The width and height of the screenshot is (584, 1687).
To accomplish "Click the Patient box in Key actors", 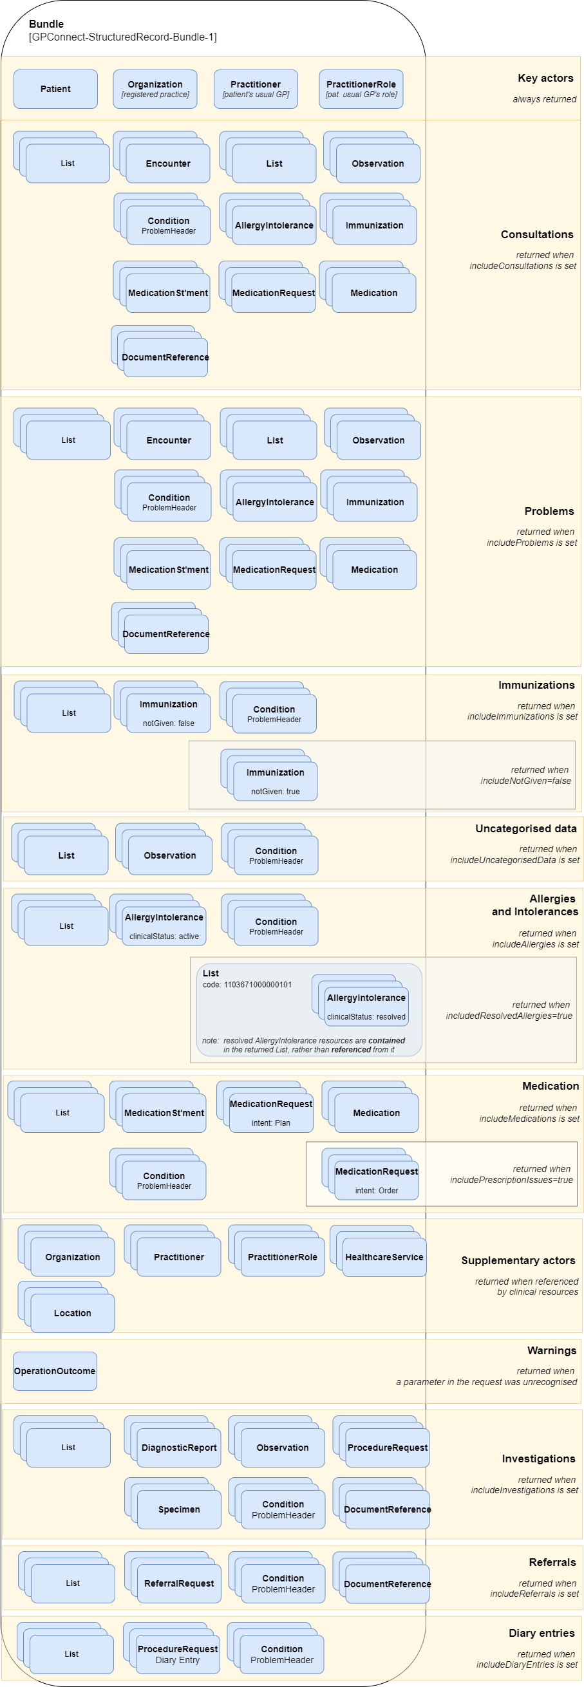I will [56, 89].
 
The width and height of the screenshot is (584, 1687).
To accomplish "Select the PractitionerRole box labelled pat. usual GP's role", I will [361, 89].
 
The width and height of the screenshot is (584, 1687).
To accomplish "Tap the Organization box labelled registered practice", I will [155, 89].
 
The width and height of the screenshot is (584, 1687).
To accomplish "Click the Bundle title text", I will [46, 24].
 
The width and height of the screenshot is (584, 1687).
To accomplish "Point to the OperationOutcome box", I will [55, 1372].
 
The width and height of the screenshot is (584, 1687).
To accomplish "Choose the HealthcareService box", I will [384, 1257].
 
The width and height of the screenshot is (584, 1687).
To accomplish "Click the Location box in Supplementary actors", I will [73, 1313].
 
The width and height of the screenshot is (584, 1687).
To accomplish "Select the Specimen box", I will [179, 1509].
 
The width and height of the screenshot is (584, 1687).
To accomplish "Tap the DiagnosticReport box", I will [179, 1448].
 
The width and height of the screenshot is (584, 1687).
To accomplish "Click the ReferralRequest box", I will [179, 1583].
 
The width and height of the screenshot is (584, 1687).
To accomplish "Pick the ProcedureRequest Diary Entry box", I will [178, 1654].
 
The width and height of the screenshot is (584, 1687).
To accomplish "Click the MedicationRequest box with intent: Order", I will [376, 1180].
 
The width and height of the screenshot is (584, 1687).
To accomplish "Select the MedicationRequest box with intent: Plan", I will [270, 1113].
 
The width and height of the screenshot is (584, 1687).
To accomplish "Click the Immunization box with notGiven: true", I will [276, 781].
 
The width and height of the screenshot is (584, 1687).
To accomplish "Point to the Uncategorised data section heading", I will [525, 828].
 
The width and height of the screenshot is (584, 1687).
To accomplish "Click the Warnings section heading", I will [551, 1350].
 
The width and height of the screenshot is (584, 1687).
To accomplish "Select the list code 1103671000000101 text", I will [247, 984].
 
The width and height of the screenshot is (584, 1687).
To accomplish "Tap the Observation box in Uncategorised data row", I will [170, 855].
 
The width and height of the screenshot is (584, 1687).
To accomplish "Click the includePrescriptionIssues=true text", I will [511, 1179].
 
